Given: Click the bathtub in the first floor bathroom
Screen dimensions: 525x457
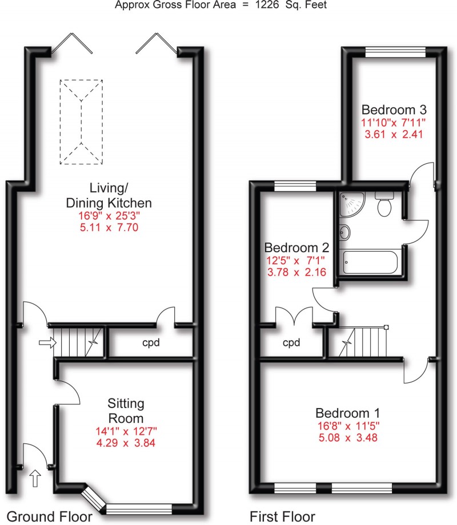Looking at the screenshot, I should pos(370,264).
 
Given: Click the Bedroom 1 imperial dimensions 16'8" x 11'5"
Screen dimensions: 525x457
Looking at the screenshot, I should pos(348,426).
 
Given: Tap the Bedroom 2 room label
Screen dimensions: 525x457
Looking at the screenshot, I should pos(296,248).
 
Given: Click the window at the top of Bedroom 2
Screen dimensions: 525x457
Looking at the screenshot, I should pos(290,185).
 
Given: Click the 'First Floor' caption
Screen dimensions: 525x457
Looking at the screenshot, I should pos(282,516).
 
